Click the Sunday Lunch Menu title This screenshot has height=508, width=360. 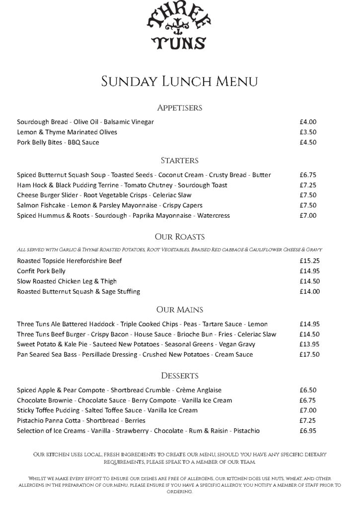point(180,81)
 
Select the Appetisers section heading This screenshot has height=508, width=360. point(180,108)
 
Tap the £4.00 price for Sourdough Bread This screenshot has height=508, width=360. point(308,122)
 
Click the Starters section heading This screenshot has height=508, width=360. point(180,161)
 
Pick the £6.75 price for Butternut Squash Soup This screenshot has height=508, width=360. point(308,175)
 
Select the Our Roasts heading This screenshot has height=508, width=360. point(180,237)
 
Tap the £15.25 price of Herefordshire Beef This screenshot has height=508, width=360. point(309,261)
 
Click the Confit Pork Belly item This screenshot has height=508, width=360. point(41,271)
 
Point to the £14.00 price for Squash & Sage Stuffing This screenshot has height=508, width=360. point(309,292)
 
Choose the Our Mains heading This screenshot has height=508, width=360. point(180,310)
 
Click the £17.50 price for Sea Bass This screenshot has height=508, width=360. point(309,355)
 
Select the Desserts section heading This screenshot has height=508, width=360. point(180,376)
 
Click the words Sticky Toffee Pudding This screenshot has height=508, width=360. point(48,411)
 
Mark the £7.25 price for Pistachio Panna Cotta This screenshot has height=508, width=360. point(308,421)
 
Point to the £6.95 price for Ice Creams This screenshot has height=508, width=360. point(308,431)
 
